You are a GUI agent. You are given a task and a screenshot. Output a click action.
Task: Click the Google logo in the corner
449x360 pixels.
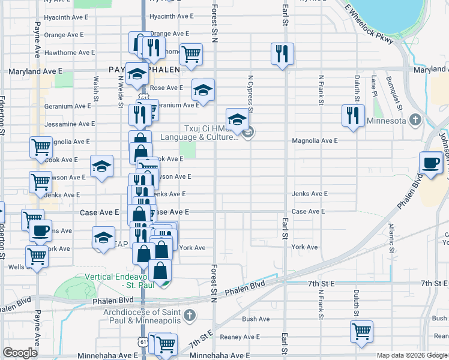[20, 353]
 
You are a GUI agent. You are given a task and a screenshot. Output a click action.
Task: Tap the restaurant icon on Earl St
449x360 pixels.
[282, 55]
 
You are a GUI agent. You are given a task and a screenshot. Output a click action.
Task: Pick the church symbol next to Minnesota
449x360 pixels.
[414, 119]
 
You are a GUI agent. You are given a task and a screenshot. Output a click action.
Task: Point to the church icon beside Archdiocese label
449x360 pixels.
[190, 316]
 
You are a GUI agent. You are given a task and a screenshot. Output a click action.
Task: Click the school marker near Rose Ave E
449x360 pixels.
[203, 91]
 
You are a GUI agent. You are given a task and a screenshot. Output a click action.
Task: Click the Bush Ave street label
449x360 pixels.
[256, 319]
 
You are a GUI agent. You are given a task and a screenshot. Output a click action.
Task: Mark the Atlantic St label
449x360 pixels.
[391, 238]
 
